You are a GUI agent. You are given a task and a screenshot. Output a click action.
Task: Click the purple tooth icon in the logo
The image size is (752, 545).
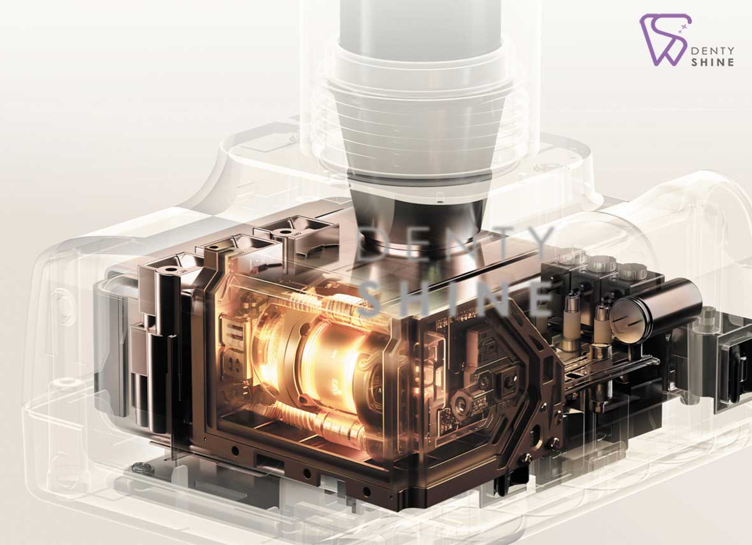[x=664, y=41]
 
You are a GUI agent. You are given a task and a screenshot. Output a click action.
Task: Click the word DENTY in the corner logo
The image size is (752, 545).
[x=713, y=50]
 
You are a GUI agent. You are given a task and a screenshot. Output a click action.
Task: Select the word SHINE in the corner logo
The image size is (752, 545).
[x=713, y=62]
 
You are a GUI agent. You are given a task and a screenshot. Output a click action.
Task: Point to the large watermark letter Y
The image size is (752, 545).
[x=539, y=242]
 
